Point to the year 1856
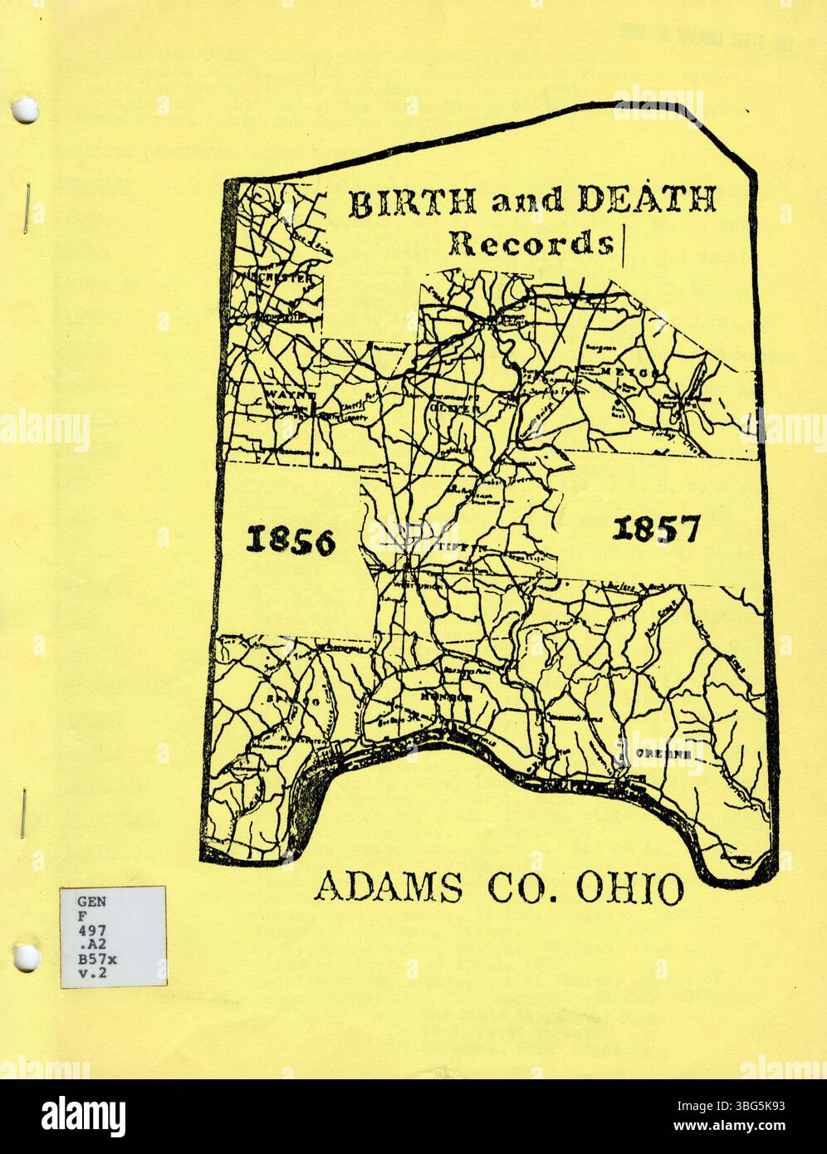pos(291,542)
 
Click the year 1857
pos(656,528)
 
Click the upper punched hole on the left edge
pos(27,108)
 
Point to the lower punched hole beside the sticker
pos(27,959)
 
